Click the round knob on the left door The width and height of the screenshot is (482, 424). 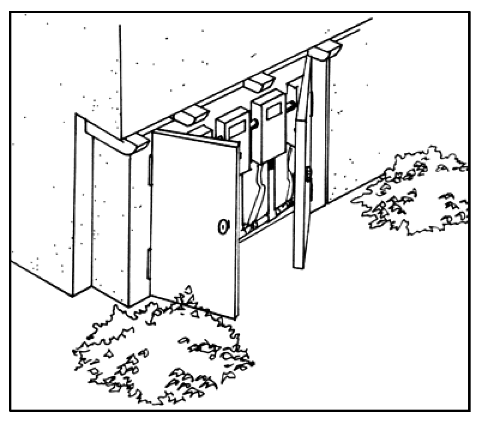(223, 226)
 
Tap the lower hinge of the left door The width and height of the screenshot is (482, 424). (149, 263)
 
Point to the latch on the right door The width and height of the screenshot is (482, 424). (308, 175)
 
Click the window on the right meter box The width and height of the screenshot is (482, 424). (274, 109)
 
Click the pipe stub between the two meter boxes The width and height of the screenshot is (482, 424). (253, 125)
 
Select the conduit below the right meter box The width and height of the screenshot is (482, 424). (273, 186)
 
